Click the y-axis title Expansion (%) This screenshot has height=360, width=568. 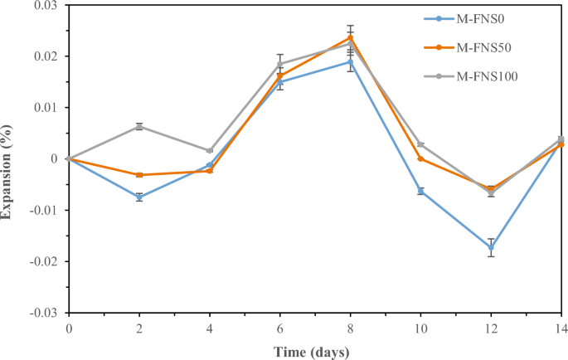pos(7,171)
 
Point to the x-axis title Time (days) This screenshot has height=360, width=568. pos(313,352)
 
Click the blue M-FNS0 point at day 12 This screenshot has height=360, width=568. pos(492,247)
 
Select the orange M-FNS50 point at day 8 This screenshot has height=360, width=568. pos(351,37)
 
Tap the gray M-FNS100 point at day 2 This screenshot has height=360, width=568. pos(139,126)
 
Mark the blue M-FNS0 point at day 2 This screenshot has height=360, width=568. pos(139,197)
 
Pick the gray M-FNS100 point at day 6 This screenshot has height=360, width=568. pos(280,64)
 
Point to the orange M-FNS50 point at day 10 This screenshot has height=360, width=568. pos(421,158)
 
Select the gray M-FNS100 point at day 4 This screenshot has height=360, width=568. pos(210,150)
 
